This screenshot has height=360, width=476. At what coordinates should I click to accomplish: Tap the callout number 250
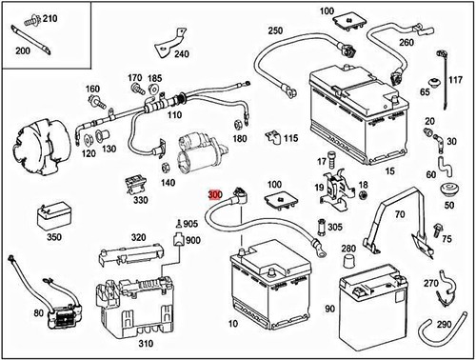[275, 31]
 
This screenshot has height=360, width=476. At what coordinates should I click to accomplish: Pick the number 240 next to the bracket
[182, 54]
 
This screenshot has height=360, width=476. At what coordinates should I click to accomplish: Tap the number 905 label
[190, 224]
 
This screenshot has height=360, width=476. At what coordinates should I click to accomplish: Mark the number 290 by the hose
[444, 325]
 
